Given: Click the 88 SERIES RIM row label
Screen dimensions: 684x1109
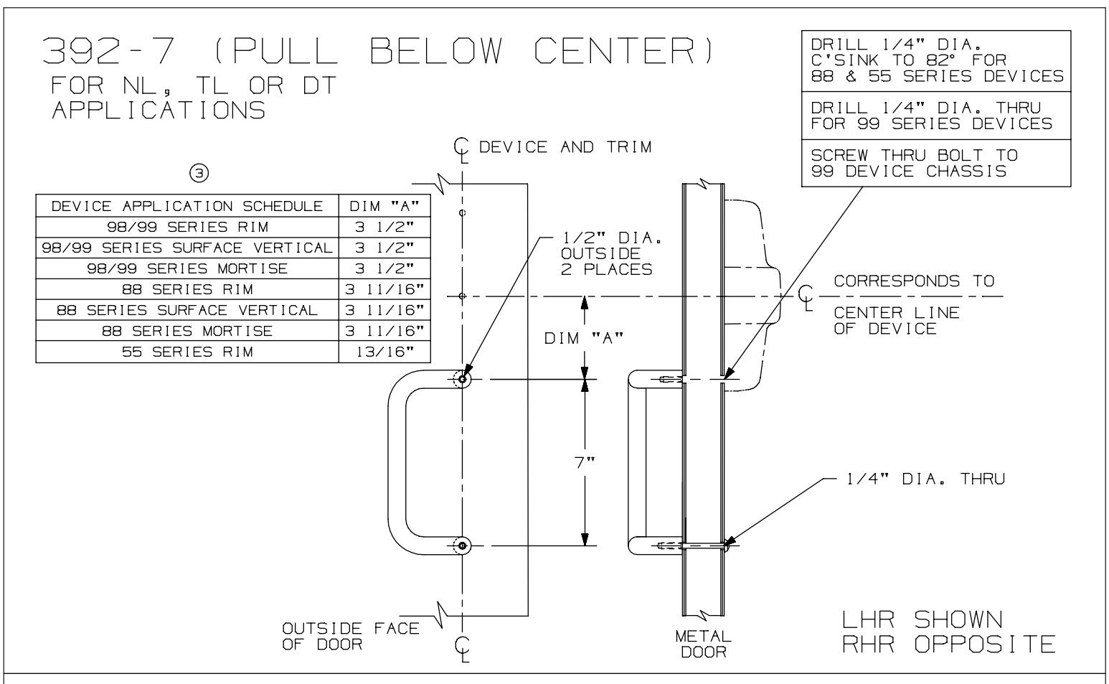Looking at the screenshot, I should point(187,289).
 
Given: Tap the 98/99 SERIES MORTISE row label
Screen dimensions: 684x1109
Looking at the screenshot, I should point(187,268).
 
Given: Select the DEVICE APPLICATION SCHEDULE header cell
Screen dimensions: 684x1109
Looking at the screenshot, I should point(187,206).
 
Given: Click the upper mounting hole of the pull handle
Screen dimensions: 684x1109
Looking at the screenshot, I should point(462,379).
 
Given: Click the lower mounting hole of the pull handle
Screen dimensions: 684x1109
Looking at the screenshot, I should point(462,545).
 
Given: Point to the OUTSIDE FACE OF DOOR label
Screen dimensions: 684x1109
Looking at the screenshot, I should point(350,635).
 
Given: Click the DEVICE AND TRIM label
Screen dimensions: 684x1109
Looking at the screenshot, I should point(565,147).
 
